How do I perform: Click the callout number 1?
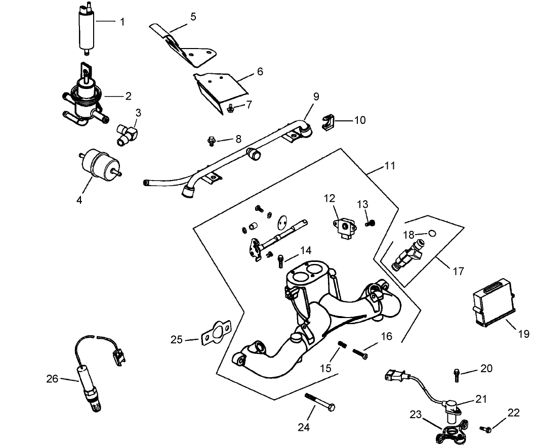coord(121,22)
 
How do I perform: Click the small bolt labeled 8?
coord(212,141)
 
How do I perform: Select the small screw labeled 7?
coord(230,107)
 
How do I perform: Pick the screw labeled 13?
coord(371,221)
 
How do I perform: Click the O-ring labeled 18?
coord(432,234)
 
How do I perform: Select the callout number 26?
coord(52,378)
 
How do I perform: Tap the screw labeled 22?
coord(487,429)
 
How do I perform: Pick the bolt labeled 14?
coord(280,261)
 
